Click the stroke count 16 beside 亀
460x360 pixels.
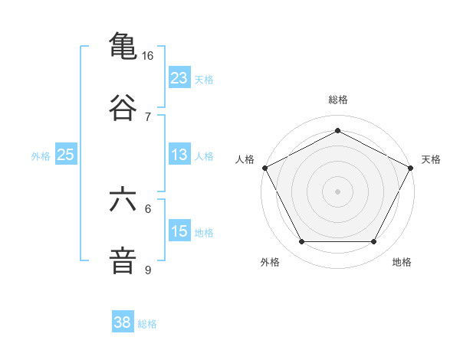pyautogui.click(x=148, y=56)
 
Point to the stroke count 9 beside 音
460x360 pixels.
pyautogui.click(x=148, y=270)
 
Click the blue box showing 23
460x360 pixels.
pyautogui.click(x=179, y=78)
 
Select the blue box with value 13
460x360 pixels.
pyautogui.click(x=179, y=155)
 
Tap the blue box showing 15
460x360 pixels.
pyautogui.click(x=179, y=231)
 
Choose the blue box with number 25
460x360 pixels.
pyautogui.click(x=66, y=155)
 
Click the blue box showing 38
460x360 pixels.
pyautogui.click(x=123, y=322)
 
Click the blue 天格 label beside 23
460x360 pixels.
pyautogui.click(x=204, y=80)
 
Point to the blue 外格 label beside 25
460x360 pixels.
pyautogui.click(x=41, y=156)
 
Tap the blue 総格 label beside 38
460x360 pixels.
pyautogui.click(x=147, y=324)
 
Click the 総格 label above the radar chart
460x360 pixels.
pyautogui.click(x=337, y=100)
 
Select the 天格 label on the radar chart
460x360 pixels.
pyautogui.click(x=431, y=159)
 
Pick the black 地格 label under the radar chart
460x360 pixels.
pyautogui.click(x=402, y=262)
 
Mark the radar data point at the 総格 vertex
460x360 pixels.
pyautogui.click(x=337, y=129)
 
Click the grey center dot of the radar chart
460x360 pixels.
pyautogui.click(x=337, y=191)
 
